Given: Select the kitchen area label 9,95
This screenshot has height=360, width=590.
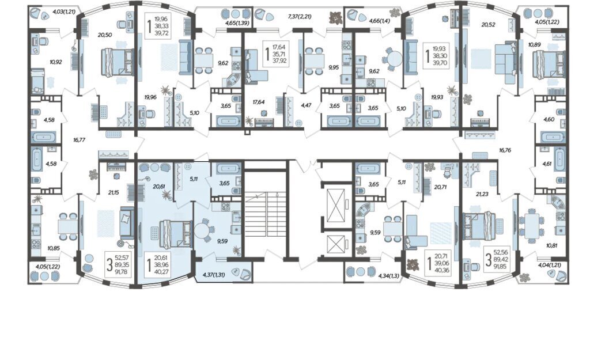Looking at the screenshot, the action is pyautogui.click(x=334, y=67).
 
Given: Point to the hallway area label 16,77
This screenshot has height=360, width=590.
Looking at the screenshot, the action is pyautogui.click(x=80, y=139).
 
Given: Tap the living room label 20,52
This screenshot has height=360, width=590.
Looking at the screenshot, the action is pyautogui.click(x=489, y=25).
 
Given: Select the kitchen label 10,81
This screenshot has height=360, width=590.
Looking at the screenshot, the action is pyautogui.click(x=551, y=245).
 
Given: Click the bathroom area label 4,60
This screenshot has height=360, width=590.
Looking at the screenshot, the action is pyautogui.click(x=549, y=120).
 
